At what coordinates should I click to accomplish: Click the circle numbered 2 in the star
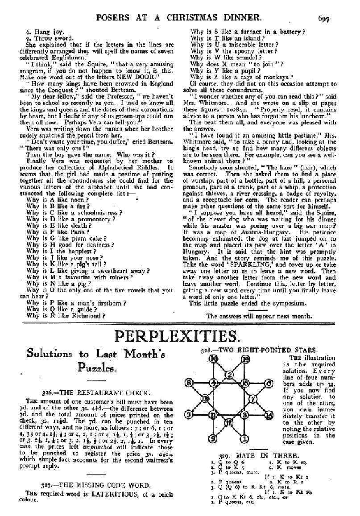point(229,374)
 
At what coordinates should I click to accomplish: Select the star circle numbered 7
point(252,398)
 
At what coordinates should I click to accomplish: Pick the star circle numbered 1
point(245,439)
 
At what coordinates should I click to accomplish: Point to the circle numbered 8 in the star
point(189,383)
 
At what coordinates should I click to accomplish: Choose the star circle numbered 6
point(269,383)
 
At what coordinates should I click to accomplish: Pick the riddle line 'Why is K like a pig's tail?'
point(65,264)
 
